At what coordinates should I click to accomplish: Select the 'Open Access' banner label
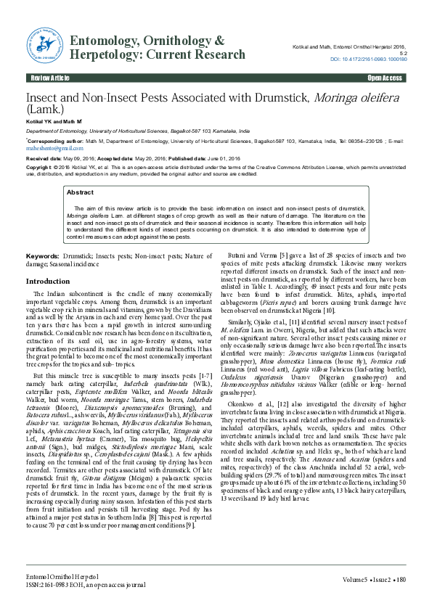pyautogui.click(x=385, y=77)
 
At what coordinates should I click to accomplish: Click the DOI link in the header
pyautogui.click(x=369, y=58)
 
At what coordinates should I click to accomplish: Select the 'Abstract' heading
pyautogui.click(x=80, y=192)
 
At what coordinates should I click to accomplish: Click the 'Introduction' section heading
pyautogui.click(x=48, y=281)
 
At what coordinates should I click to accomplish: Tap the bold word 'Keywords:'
pyautogui.click(x=43, y=258)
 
